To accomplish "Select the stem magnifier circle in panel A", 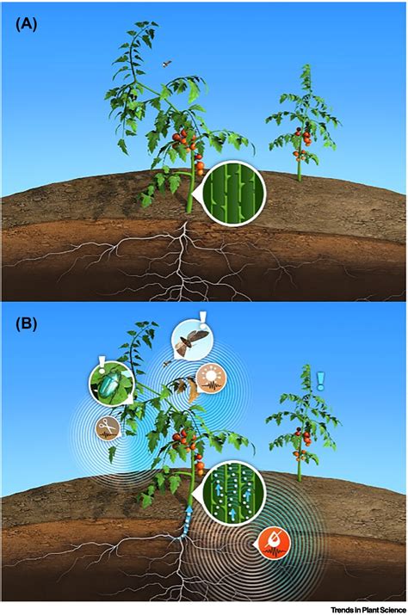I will click(x=232, y=192).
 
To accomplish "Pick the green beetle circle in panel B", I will click(x=109, y=384).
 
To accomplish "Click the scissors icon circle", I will click(x=109, y=426).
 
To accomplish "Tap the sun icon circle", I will click(x=211, y=378).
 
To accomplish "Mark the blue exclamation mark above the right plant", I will click(x=320, y=379).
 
